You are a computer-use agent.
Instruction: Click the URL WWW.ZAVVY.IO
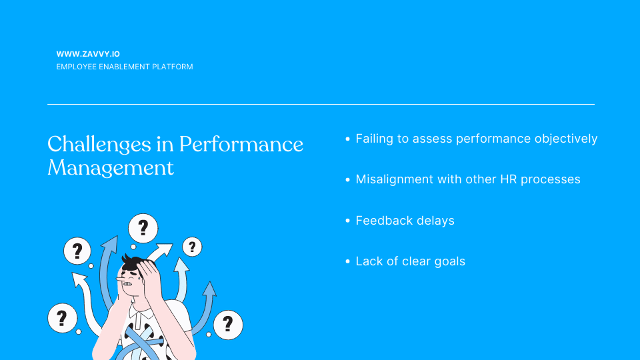pos(88,54)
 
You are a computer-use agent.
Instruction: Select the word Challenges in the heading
pos(99,145)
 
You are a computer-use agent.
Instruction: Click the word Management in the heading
pos(111,168)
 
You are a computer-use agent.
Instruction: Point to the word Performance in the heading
pos(241,144)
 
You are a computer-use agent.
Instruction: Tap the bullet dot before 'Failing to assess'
pos(348,139)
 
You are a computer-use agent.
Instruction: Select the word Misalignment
pos(394,179)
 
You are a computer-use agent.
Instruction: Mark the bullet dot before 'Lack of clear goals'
pos(348,261)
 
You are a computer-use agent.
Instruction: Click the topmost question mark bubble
pos(143,228)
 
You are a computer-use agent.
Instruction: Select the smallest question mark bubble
pos(192,247)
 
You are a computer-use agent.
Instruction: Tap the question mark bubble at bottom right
pos(228,325)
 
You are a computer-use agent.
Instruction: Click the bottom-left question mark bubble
pos(63,318)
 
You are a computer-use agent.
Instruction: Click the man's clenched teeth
pos(128,284)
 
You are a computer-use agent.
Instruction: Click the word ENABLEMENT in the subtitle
pos(125,67)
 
